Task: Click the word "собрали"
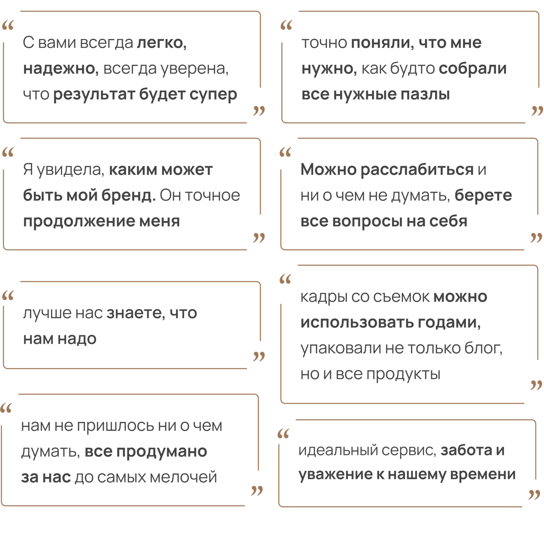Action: coord(473,69)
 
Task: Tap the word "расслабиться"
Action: coord(417,169)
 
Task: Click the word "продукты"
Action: coord(404,375)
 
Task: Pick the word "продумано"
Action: coord(162,452)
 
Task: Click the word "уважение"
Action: coord(335,475)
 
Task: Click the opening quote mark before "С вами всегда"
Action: coord(8,26)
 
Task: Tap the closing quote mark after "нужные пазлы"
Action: coord(537,111)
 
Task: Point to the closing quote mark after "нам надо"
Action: coord(259,356)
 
